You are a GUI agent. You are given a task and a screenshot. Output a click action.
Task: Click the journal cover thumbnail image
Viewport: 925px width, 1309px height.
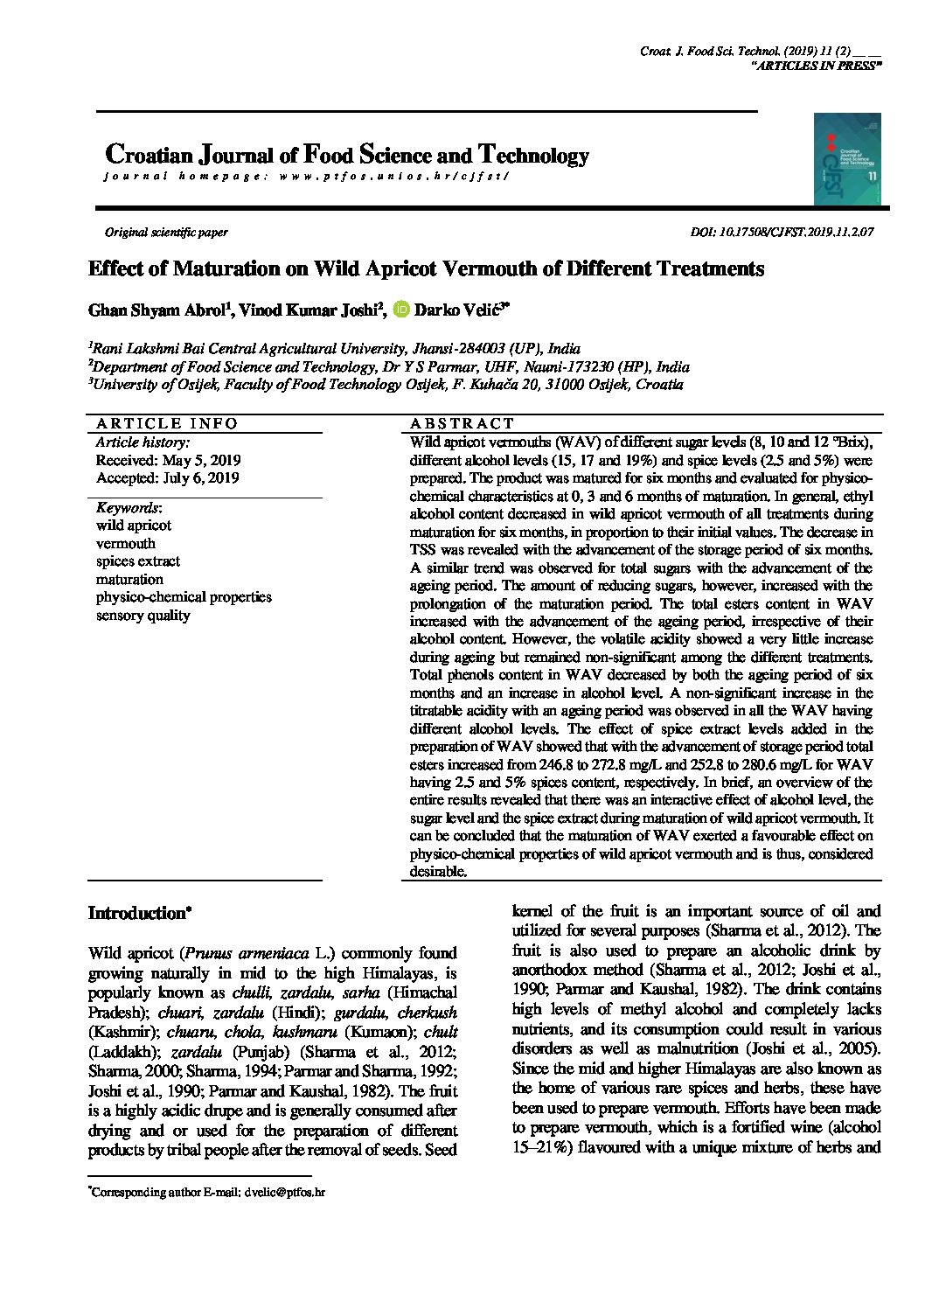click(x=847, y=159)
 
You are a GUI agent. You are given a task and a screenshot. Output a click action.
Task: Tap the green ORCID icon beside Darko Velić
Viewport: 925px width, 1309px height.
click(x=401, y=310)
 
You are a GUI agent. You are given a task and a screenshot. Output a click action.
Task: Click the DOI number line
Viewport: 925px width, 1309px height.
click(x=782, y=233)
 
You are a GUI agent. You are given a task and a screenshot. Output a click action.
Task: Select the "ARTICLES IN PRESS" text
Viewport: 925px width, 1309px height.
click(x=816, y=66)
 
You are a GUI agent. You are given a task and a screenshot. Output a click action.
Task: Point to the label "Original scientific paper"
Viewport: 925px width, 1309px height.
click(x=166, y=233)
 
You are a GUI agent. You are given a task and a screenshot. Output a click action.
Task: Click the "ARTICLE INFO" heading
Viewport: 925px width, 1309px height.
click(x=166, y=424)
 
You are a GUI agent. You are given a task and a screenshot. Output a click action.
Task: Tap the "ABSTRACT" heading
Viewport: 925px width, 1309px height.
click(x=462, y=424)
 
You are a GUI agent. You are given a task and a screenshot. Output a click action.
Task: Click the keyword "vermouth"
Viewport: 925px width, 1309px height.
click(x=126, y=544)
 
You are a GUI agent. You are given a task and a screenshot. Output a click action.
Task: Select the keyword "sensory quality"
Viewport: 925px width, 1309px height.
click(x=143, y=616)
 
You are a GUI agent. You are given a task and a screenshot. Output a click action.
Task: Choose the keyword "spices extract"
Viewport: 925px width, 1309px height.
click(x=138, y=561)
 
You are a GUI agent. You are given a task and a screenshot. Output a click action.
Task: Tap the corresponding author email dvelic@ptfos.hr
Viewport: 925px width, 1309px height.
click(x=285, y=1192)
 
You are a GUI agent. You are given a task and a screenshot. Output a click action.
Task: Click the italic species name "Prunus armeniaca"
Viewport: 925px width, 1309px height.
click(x=248, y=953)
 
